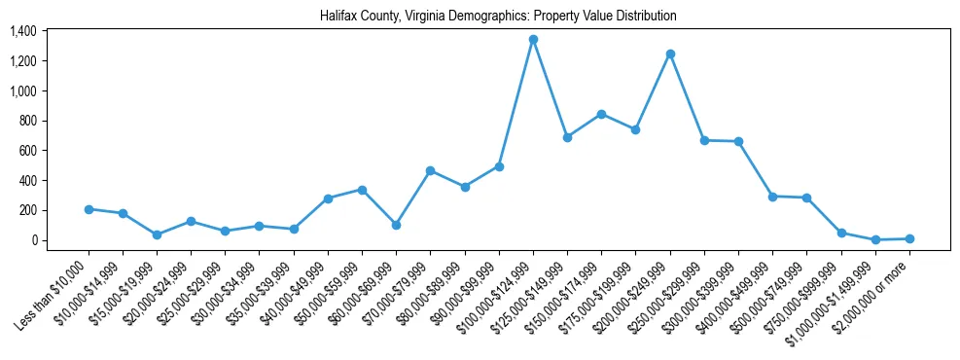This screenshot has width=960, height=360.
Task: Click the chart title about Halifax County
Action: [498, 17]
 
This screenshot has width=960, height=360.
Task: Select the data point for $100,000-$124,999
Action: [533, 40]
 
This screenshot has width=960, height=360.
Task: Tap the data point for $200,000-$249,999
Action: [670, 54]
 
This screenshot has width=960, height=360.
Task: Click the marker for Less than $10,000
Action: [89, 209]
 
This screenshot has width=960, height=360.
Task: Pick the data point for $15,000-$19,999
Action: [157, 234]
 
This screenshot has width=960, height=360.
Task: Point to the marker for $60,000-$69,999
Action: [396, 225]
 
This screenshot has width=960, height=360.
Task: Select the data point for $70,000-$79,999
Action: [430, 170]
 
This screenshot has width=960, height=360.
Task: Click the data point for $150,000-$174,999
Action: [601, 114]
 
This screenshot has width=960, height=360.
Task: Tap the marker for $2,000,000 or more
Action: [909, 238]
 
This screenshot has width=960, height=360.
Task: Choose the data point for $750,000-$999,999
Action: [841, 233]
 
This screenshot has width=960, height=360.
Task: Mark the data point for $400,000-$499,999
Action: [772, 197]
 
